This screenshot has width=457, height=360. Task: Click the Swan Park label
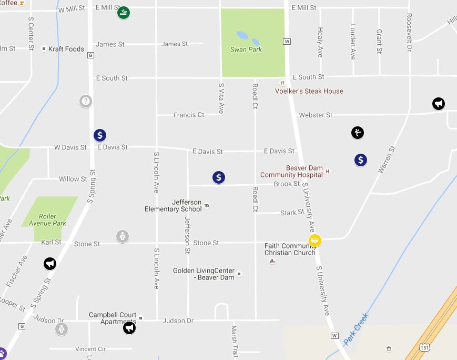(x=246, y=49)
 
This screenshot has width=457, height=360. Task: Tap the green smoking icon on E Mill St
(x=124, y=12)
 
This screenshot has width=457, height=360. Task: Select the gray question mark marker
(x=86, y=101)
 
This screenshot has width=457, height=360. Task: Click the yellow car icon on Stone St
(x=315, y=241)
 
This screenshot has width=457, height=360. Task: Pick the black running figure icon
(x=358, y=133)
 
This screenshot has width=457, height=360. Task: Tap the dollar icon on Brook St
(x=219, y=177)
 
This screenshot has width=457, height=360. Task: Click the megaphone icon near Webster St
(x=439, y=104)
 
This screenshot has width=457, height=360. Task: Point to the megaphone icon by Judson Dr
(x=129, y=328)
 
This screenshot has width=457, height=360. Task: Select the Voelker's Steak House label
(x=309, y=91)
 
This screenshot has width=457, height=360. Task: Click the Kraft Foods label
(x=66, y=49)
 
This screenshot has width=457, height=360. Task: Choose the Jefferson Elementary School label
(x=173, y=206)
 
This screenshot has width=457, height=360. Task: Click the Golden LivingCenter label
(x=204, y=274)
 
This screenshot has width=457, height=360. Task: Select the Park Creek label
(x=357, y=329)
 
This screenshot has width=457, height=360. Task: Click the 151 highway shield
(x=425, y=348)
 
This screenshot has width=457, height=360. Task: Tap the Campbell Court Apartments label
(x=113, y=318)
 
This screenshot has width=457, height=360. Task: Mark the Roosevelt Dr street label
(x=409, y=32)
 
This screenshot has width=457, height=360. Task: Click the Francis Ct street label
(x=189, y=115)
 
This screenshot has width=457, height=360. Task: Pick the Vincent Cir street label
(x=90, y=349)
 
